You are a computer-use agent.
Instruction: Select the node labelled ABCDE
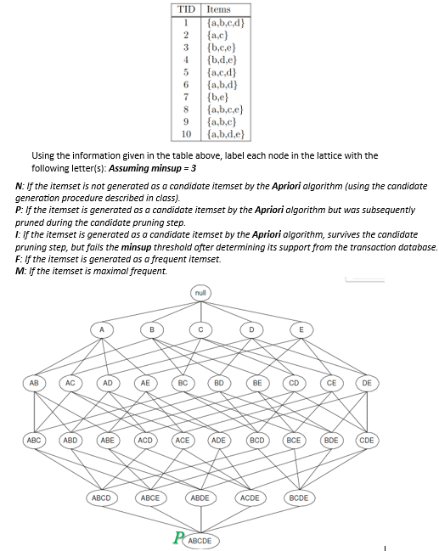(200, 540)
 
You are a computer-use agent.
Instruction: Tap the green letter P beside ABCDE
(177, 537)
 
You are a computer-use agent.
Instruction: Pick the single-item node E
(301, 329)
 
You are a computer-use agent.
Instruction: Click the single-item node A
(102, 329)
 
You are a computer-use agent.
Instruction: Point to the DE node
(366, 383)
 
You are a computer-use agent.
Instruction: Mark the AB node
(34, 383)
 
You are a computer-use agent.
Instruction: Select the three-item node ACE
(182, 441)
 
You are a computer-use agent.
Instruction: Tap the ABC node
(34, 441)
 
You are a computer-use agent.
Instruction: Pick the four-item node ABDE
(200, 498)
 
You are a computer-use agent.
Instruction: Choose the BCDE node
(299, 498)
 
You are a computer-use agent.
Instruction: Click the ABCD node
(101, 498)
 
